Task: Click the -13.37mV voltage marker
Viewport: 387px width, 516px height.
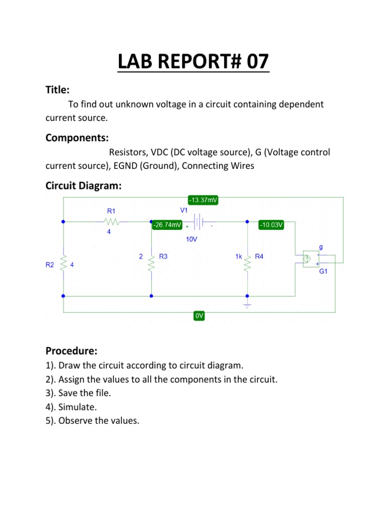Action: (204, 200)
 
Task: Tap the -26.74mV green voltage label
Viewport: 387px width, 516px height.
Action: (167, 225)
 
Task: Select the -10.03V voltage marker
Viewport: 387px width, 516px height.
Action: (272, 225)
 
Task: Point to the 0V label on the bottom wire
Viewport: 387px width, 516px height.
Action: (199, 316)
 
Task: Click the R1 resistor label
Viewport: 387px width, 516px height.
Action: (111, 211)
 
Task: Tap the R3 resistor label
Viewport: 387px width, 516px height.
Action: (163, 256)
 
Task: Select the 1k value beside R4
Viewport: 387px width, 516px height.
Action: (239, 256)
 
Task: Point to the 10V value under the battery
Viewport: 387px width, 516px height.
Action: (191, 240)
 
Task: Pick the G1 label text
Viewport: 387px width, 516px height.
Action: (324, 271)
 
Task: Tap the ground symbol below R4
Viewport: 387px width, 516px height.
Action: (247, 305)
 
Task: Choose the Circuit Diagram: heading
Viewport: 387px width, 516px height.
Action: (83, 185)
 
